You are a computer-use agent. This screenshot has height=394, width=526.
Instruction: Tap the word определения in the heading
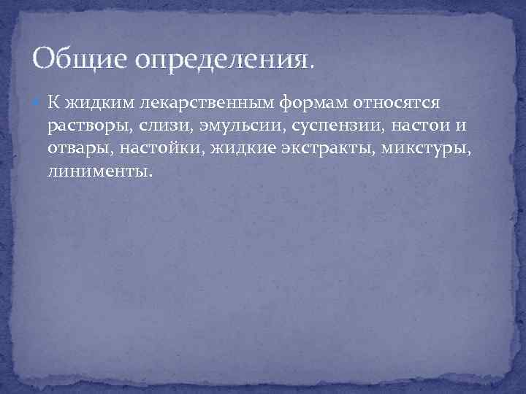220,61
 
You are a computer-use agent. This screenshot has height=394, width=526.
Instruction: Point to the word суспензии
318,126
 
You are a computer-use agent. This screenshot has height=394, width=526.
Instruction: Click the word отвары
80,150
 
